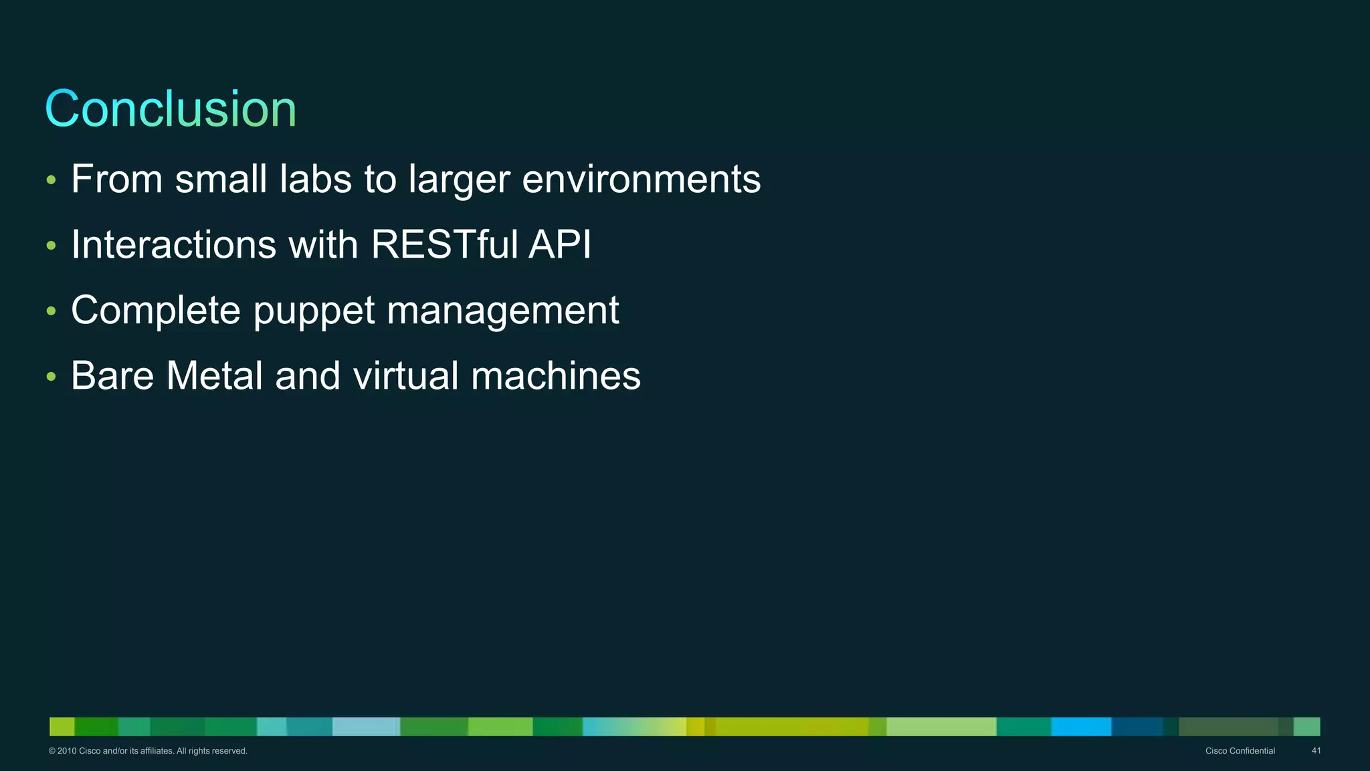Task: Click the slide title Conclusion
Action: [x=171, y=109]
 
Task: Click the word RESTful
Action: [x=444, y=244]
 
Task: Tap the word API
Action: [x=560, y=244]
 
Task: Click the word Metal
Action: [x=214, y=375]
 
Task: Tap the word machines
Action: [x=555, y=375]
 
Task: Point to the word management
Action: [x=503, y=311]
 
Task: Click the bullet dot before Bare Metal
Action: [x=52, y=377]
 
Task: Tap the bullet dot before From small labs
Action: [x=52, y=181]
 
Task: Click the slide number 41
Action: [x=1316, y=751]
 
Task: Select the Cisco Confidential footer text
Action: [x=1240, y=751]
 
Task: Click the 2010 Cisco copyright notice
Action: [x=148, y=751]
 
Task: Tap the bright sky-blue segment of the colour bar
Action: [x=1081, y=727]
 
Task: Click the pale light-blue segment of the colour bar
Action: [x=365, y=727]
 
